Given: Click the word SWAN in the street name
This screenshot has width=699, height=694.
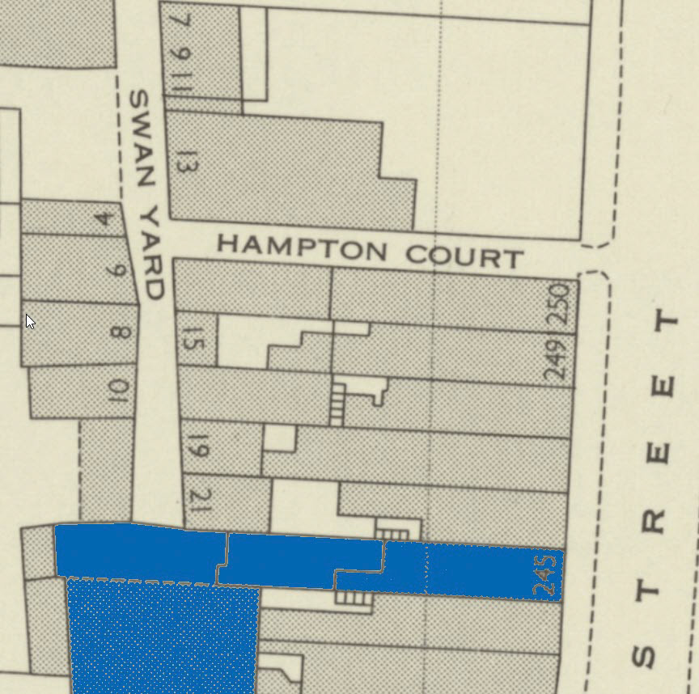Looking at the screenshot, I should [142, 140].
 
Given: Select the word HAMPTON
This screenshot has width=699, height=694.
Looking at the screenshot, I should [302, 247].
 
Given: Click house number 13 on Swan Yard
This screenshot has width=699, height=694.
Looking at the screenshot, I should [185, 163].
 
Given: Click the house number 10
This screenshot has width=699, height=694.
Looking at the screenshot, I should [118, 391].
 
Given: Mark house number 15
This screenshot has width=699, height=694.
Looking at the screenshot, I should [197, 341].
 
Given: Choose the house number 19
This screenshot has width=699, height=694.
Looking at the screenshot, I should [198, 447].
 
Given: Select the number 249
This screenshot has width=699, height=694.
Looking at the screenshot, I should [556, 358].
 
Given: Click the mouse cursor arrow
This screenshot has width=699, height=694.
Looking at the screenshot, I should [30, 321].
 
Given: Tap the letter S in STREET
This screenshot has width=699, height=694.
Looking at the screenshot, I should [645, 656].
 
